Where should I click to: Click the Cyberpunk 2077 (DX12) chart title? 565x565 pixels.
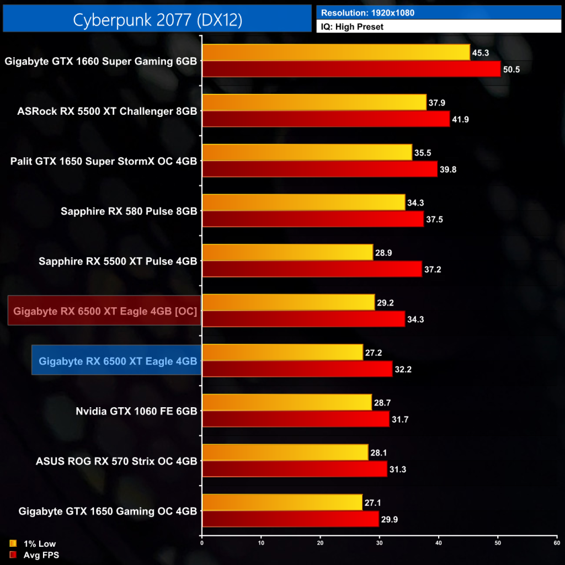[x=157, y=19]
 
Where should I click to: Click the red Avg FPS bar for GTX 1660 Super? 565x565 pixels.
[x=351, y=69]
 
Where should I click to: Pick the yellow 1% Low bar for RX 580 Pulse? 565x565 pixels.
[x=303, y=202]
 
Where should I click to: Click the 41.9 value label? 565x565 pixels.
[x=461, y=120]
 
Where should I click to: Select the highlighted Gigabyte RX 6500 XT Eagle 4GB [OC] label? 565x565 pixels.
[x=105, y=311]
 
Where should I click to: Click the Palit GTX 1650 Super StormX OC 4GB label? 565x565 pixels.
[x=104, y=161]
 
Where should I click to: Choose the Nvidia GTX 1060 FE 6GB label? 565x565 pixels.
[x=136, y=411]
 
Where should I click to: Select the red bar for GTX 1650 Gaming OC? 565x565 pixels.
[x=291, y=519]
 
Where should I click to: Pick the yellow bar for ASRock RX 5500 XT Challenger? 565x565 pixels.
[x=314, y=103]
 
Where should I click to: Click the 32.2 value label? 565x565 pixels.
[x=403, y=369]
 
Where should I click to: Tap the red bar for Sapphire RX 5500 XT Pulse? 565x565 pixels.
[x=312, y=269]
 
